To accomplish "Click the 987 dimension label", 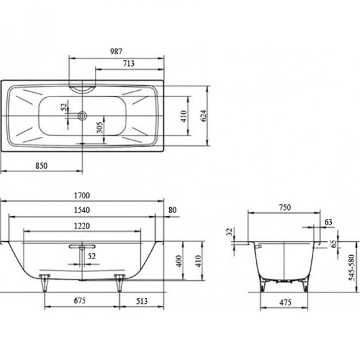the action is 116,51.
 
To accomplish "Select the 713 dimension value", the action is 129,63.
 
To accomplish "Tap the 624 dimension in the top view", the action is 204,116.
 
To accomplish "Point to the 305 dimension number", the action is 100,127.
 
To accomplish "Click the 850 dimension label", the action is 41,166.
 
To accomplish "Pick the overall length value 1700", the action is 82,195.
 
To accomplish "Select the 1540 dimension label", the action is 82,210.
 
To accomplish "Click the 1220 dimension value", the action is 82,226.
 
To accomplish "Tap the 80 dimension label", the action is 172,210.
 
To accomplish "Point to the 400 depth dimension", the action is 179,261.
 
